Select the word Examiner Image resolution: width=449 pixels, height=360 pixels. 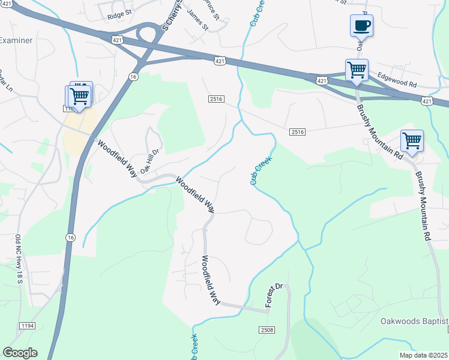(16, 40)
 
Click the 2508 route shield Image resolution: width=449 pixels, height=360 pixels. (268, 331)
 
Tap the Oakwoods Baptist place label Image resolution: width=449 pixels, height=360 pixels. (414, 322)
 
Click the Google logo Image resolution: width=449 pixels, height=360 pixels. (20, 352)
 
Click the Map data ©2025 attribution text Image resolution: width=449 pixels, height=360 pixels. (423, 355)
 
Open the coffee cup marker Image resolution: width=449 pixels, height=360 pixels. (361, 26)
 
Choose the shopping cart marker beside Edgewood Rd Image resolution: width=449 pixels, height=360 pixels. (357, 70)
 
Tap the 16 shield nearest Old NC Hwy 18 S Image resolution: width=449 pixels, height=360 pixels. (71, 238)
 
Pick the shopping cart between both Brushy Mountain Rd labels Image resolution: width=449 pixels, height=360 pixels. (412, 140)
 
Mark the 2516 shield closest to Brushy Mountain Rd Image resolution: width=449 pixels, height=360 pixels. (297, 132)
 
